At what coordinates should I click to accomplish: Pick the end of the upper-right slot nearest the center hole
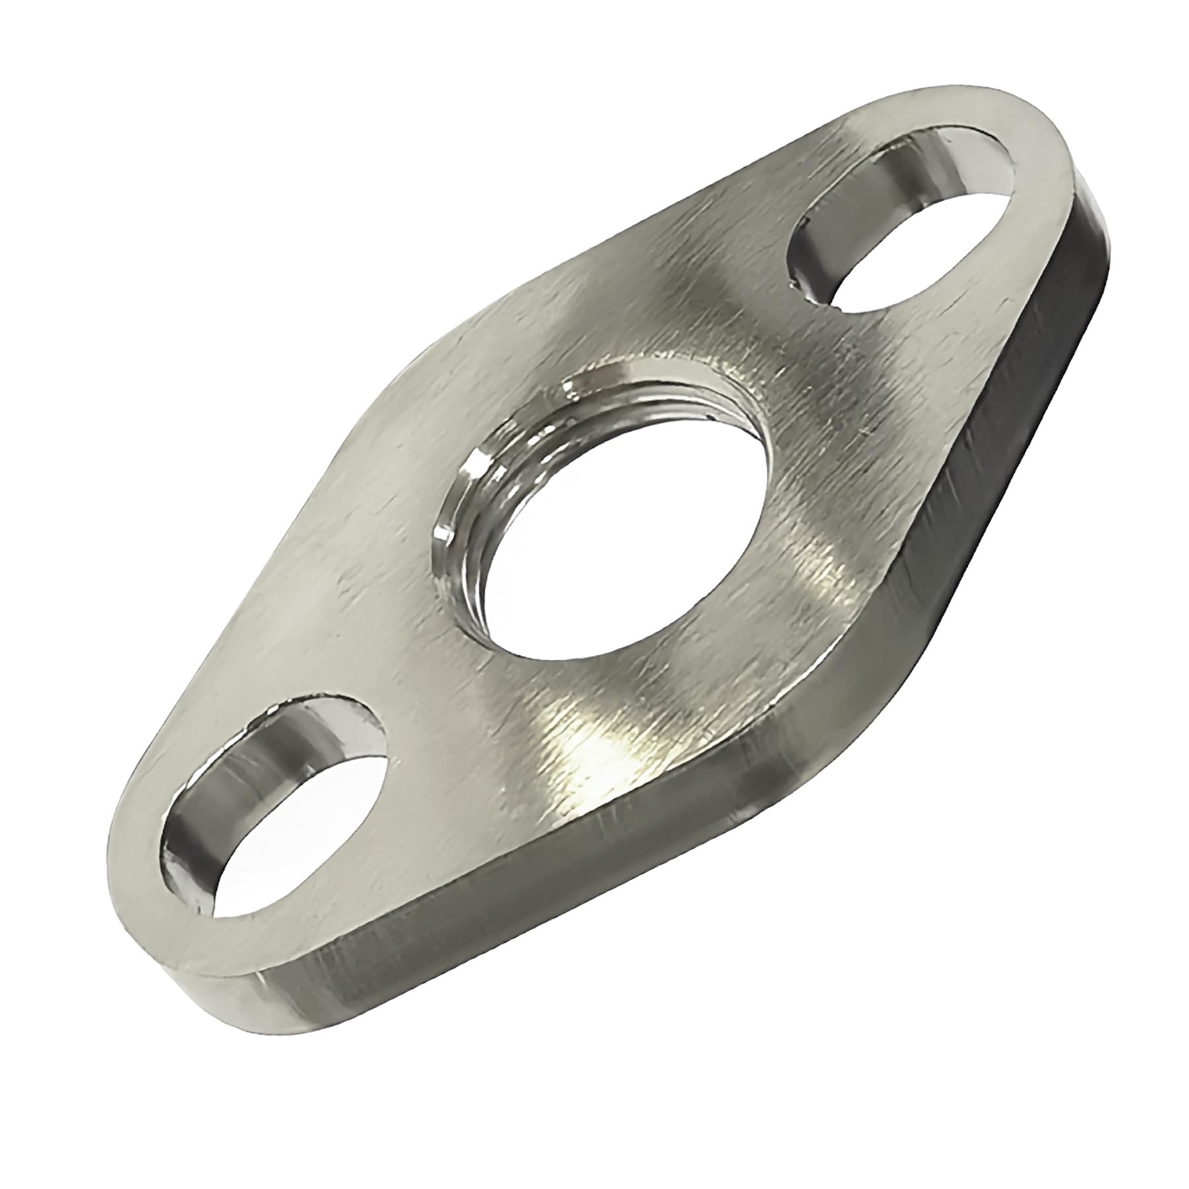click(812, 277)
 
